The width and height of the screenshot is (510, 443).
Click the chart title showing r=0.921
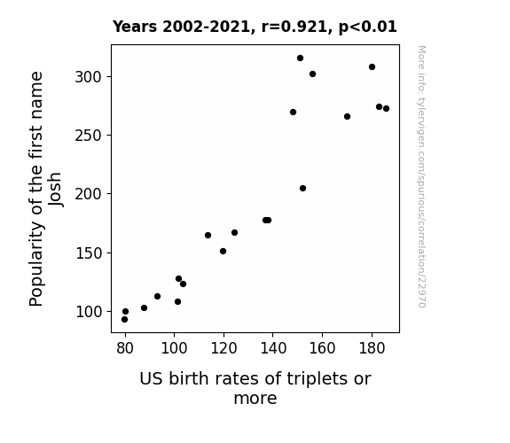(x=255, y=27)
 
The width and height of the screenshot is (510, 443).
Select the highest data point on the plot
(x=300, y=58)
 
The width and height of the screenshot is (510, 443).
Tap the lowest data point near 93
(x=124, y=320)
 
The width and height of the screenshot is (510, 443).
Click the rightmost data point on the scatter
(x=386, y=109)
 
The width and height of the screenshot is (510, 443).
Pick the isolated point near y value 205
(x=302, y=188)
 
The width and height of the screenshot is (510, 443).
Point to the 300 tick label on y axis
(x=89, y=77)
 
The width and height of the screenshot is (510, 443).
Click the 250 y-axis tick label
(x=89, y=136)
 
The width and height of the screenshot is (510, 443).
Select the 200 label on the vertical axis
(x=89, y=194)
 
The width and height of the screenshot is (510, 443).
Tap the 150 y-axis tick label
(x=89, y=253)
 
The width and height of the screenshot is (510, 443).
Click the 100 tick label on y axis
(x=89, y=312)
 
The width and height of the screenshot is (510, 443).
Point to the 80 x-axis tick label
(x=125, y=348)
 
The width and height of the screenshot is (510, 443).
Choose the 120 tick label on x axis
(x=224, y=348)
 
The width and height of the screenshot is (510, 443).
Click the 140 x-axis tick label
(x=273, y=348)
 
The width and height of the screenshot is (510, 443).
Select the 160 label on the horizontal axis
(x=322, y=348)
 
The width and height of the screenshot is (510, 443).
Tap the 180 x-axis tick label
(x=372, y=348)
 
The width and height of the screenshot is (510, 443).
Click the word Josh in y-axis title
(x=55, y=189)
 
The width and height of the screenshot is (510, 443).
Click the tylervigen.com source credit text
(x=421, y=176)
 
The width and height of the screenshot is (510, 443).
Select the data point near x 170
(x=347, y=116)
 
